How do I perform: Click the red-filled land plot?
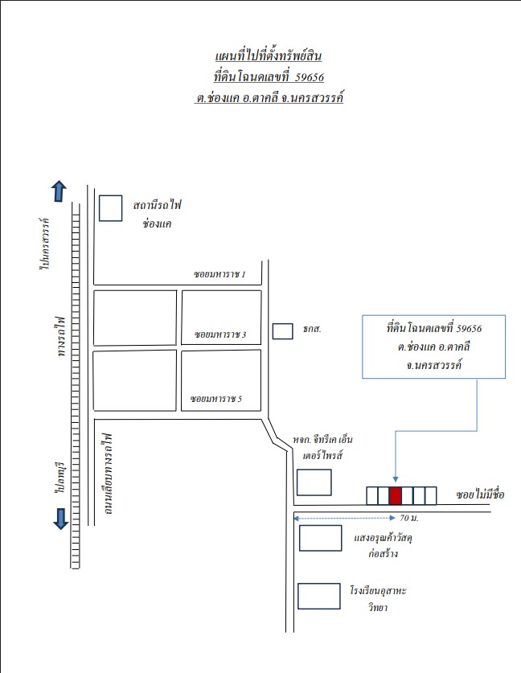(396, 496)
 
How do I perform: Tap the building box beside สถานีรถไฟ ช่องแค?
(111, 208)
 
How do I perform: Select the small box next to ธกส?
(283, 331)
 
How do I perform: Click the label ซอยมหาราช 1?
(219, 274)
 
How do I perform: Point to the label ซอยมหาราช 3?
(220, 334)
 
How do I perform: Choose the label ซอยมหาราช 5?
(216, 399)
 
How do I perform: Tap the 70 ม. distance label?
(409, 518)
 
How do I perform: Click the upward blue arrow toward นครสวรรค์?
(59, 191)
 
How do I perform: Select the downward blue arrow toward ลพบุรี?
(60, 519)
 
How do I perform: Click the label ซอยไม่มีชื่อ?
(480, 494)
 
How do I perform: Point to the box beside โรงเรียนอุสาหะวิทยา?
(319, 596)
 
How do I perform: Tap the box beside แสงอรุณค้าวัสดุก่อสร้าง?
(320, 538)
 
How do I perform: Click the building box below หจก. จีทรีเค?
(314, 482)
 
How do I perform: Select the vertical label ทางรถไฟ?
(61, 337)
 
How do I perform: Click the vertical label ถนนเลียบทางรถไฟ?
(107, 474)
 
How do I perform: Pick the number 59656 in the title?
(310, 77)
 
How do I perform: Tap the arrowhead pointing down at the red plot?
(396, 479)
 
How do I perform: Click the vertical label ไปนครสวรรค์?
(44, 244)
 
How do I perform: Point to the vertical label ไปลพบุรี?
(59, 478)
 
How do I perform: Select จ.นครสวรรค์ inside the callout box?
(433, 366)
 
